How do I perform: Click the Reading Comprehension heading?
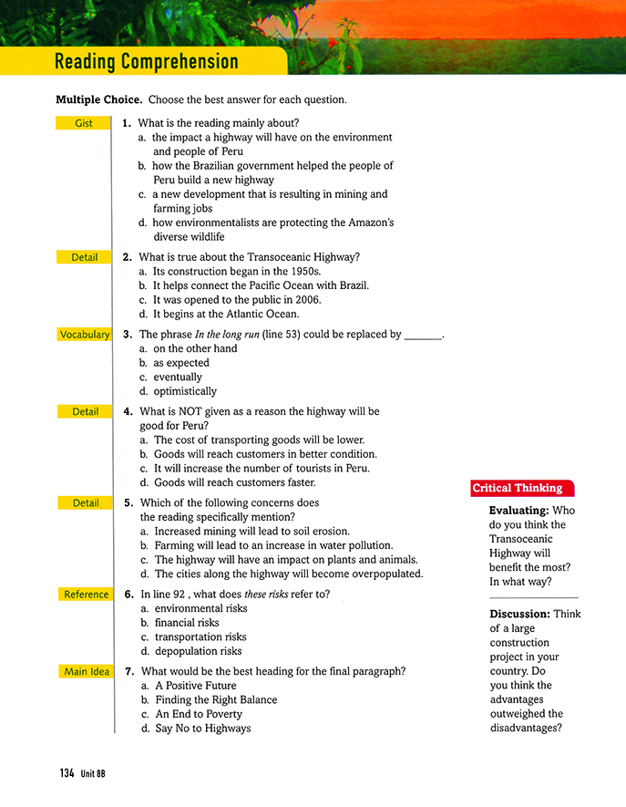146,62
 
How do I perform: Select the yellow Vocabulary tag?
84,335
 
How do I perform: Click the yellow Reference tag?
86,595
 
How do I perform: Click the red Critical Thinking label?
518,489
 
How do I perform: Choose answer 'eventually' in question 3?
177,378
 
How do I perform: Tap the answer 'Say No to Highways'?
202,729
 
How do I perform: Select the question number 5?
128,502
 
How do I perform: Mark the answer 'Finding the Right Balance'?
216,700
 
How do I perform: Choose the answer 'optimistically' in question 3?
185,392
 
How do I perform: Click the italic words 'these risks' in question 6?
270,595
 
